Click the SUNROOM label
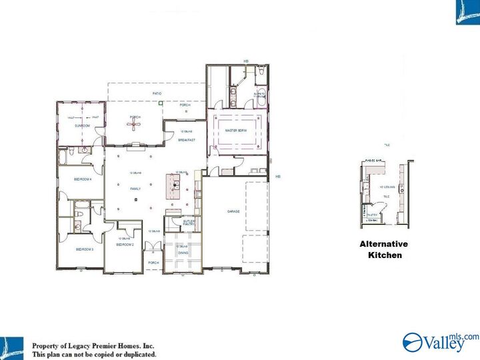tap(82, 125)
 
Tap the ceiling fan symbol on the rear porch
tap(135, 124)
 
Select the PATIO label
tap(157, 93)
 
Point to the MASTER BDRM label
tap(236, 131)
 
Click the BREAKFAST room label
tap(186, 140)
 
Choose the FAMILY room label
tap(135, 189)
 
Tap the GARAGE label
tap(233, 211)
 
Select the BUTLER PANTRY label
tap(189, 223)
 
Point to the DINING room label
tap(183, 253)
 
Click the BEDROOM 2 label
tap(125, 245)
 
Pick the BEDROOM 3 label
tap(84, 249)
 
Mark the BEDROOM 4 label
tap(83, 179)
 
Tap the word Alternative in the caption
tap(383, 244)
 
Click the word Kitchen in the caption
tap(385, 255)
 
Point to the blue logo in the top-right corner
tap(467, 12)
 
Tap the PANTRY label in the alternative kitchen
tap(373, 215)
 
